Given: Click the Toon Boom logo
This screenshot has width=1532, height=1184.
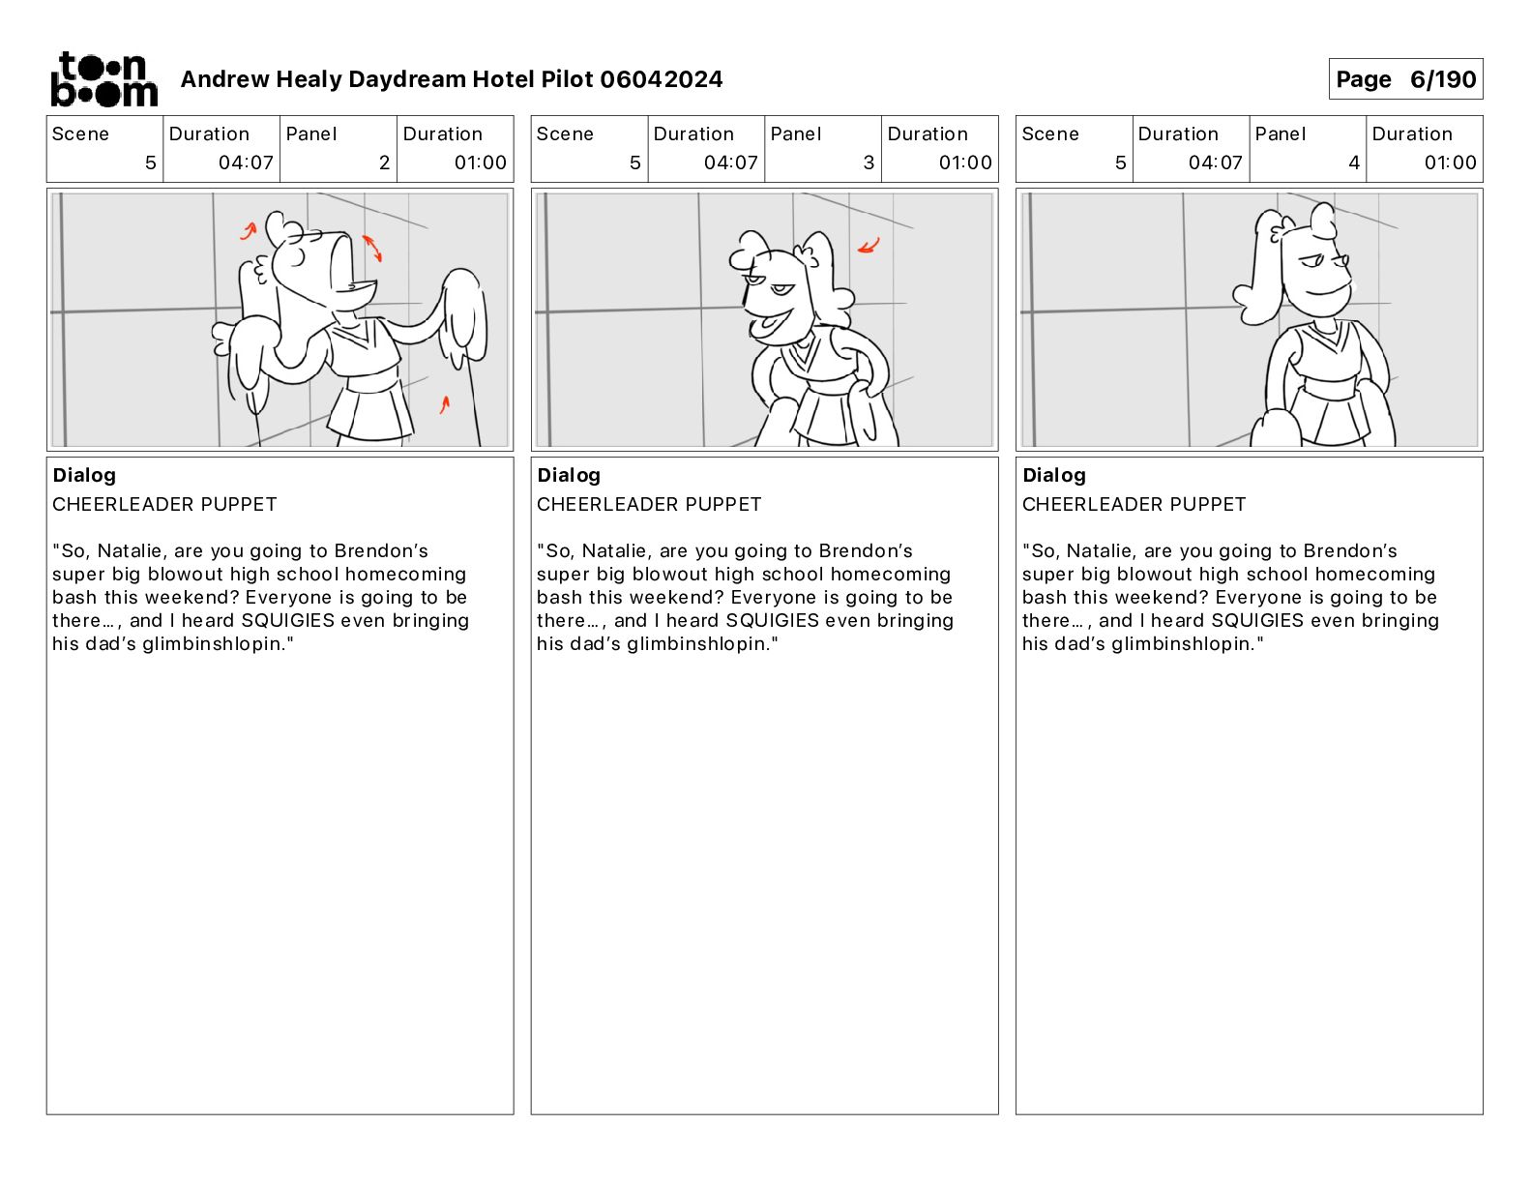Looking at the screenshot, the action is [104, 79].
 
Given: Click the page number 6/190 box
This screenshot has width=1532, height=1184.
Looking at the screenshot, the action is [1405, 79].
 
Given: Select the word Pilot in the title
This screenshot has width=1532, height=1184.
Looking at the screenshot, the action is [567, 79].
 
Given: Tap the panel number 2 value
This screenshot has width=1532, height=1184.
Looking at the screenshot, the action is [384, 163].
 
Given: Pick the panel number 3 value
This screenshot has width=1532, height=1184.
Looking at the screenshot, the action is [869, 163].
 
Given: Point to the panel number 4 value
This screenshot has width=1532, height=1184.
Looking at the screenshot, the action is [1354, 163].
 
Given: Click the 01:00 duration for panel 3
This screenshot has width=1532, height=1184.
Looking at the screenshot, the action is [965, 163].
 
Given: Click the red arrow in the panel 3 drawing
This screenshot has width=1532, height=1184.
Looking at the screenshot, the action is [869, 246].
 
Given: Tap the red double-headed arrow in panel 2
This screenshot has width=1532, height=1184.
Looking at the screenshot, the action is [372, 248].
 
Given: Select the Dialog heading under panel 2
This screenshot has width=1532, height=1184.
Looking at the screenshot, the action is [84, 475].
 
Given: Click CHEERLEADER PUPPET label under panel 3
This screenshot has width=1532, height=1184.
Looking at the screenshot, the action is [649, 504].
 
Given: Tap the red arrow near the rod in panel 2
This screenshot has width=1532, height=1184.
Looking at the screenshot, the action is [444, 404].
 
